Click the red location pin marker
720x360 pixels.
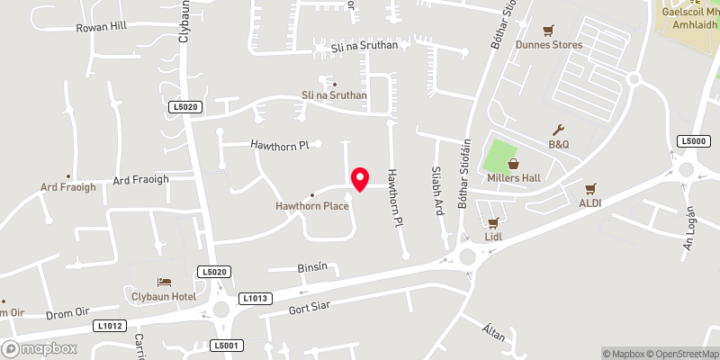coord(360,179)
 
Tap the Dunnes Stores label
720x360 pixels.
coord(548,44)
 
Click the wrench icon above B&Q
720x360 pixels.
coord(560,130)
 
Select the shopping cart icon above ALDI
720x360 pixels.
coord(590,189)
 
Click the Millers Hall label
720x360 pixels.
coord(513,177)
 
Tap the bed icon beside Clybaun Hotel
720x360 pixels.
coord(164,282)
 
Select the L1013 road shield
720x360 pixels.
coord(256,298)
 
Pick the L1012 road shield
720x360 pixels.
coord(110,326)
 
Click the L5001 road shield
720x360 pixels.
coord(228,346)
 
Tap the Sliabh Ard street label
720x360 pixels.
coord(439,192)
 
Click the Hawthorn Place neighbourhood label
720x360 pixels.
coord(312,207)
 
